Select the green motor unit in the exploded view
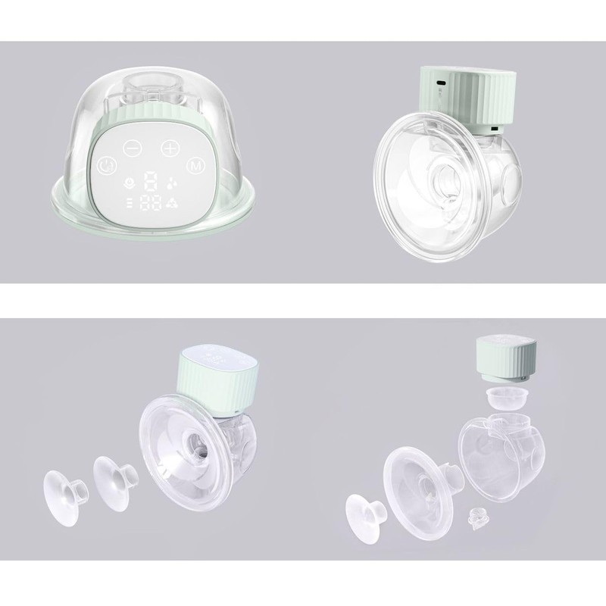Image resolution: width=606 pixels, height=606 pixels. click(x=504, y=358)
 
